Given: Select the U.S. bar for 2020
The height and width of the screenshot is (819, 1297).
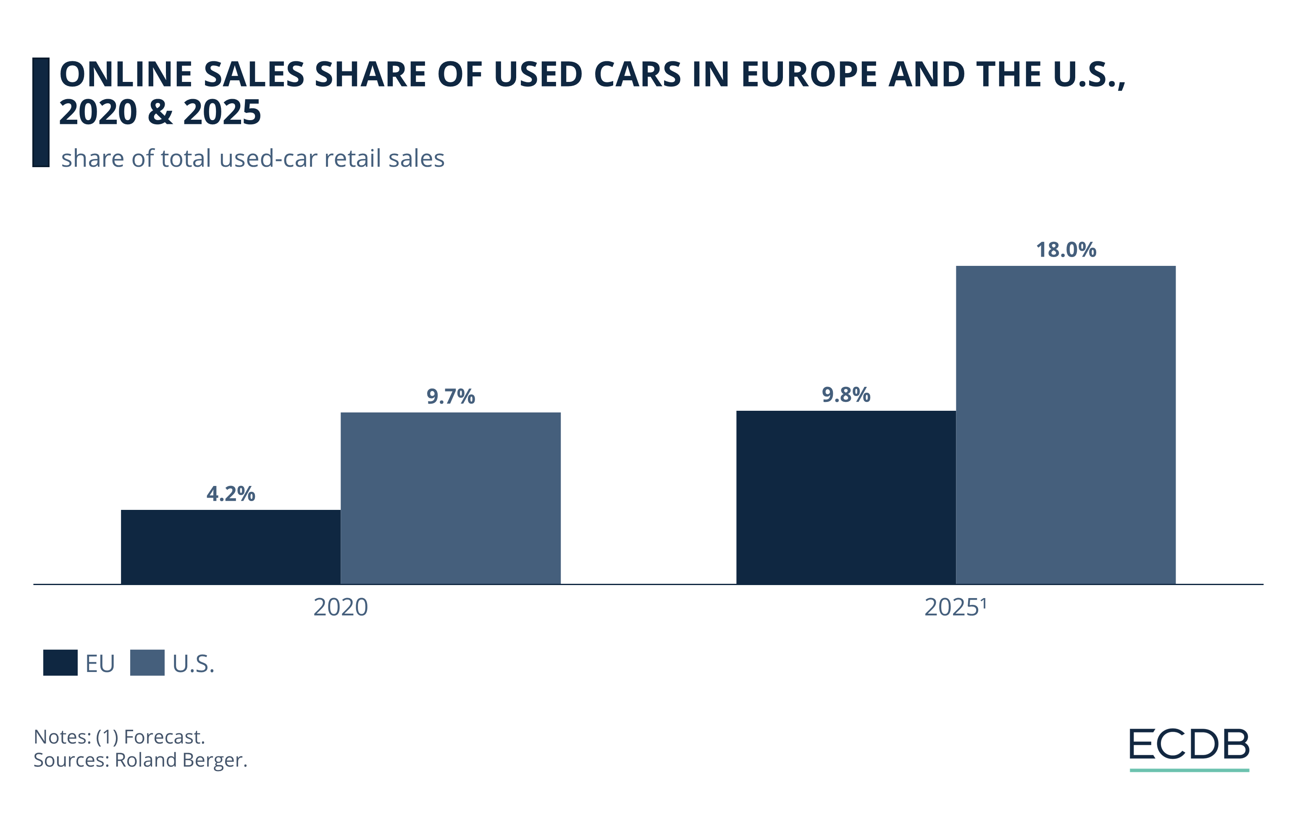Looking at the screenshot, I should (450, 498).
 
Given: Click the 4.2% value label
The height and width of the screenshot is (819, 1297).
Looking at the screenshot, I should (231, 494).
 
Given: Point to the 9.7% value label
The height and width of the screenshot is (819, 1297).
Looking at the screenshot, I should (450, 396).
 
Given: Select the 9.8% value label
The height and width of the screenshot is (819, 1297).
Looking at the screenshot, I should (845, 395).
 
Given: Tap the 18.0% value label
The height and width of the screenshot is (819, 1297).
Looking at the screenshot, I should (1066, 250).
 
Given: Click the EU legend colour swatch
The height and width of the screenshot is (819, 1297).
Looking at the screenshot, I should (60, 663).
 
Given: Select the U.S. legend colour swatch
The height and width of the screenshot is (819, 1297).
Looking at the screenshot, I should (147, 663).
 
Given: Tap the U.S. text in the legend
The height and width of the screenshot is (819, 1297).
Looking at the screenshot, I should (193, 664).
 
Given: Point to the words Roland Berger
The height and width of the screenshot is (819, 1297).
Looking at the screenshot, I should (181, 760).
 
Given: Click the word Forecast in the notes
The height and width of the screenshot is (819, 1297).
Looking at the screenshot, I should (164, 737).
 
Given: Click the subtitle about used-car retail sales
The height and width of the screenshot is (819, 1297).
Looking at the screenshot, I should (252, 159).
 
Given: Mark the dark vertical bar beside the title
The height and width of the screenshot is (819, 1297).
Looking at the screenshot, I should (41, 112).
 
